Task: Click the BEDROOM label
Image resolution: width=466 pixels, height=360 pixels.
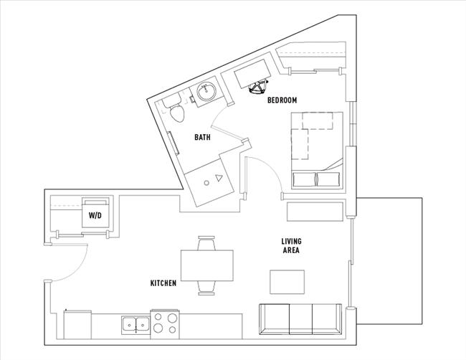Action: point(282,100)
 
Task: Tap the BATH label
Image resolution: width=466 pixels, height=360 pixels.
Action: point(202,137)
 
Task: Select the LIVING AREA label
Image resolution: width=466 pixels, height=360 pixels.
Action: point(290,246)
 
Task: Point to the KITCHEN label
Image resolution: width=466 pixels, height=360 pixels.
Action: point(163,283)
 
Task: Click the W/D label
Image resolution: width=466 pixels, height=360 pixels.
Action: point(95,215)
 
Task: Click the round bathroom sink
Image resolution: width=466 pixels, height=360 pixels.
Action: point(207,91)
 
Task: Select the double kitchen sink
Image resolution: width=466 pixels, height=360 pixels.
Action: point(130,323)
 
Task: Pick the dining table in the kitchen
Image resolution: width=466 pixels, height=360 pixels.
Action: point(207,265)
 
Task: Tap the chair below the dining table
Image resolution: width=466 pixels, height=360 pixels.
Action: point(206,288)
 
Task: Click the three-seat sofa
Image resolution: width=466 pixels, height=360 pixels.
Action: point(300,318)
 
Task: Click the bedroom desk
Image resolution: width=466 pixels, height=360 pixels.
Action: point(247,73)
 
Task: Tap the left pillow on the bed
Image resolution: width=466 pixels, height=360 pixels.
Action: point(303,179)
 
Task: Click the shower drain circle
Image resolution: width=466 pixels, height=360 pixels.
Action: point(206,183)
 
